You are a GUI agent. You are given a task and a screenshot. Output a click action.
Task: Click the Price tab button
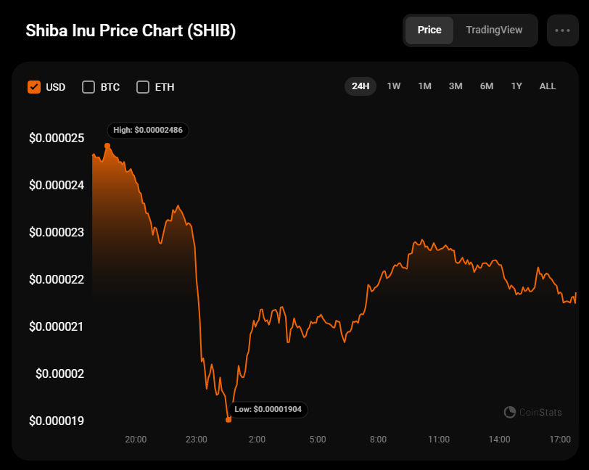pos(429,30)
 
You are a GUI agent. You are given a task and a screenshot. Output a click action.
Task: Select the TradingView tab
pos(494,30)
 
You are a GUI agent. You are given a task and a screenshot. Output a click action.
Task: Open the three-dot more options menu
pos(562,30)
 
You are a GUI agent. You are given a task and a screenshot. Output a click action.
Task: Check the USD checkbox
pos(34,87)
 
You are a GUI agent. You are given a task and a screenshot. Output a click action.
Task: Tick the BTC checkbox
pos(88,87)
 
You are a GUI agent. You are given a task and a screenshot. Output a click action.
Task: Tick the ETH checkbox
pos(143,87)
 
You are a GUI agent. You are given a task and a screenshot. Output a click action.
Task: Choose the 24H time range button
pos(361,86)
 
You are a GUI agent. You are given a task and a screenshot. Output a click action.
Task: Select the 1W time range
pos(394,86)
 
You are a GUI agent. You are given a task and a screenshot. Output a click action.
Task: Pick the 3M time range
pos(456,86)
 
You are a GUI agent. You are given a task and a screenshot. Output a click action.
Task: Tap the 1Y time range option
pos(516,86)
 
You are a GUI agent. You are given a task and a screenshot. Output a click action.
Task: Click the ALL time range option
pos(548,86)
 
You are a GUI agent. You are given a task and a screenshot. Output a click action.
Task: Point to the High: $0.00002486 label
pos(148,131)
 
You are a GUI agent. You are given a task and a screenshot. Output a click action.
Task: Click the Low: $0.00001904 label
pos(268,410)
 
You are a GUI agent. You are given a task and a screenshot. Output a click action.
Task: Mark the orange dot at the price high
pos(107,146)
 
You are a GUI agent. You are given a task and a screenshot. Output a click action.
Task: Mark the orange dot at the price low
pos(228,419)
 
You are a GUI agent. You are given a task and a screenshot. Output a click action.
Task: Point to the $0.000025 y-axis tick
pos(57,138)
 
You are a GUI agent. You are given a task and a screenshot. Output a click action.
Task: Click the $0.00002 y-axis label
pos(60,374)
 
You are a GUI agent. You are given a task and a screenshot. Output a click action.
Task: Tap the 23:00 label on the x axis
pos(197,440)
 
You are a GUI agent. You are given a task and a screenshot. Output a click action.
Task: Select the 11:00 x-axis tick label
pos(439,440)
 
